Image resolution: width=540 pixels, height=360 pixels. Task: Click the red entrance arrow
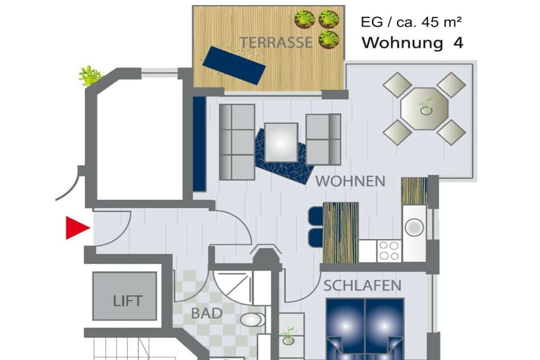(x=78, y=228)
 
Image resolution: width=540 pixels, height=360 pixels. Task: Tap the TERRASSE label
(x=276, y=43)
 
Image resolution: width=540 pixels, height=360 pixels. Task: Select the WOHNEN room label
(x=350, y=181)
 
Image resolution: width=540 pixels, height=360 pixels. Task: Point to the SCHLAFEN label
(x=362, y=286)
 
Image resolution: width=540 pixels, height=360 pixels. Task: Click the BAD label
(x=207, y=314)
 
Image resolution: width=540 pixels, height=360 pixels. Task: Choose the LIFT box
(x=124, y=296)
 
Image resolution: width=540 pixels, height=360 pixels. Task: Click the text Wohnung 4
(x=412, y=43)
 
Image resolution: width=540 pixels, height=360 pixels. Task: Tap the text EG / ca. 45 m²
(x=411, y=22)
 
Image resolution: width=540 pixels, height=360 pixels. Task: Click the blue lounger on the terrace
(x=234, y=65)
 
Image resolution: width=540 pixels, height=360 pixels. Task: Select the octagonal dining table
(x=425, y=109)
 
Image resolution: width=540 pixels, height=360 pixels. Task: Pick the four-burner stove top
(x=389, y=251)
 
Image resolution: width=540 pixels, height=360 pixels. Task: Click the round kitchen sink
(x=414, y=227)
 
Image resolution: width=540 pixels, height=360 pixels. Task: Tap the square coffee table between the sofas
(x=282, y=142)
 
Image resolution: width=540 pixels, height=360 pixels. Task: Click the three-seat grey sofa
(x=237, y=142)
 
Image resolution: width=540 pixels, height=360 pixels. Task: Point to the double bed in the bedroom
(x=365, y=329)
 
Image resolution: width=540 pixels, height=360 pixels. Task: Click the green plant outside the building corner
(x=90, y=76)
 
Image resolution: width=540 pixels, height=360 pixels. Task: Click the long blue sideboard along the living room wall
(x=199, y=144)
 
